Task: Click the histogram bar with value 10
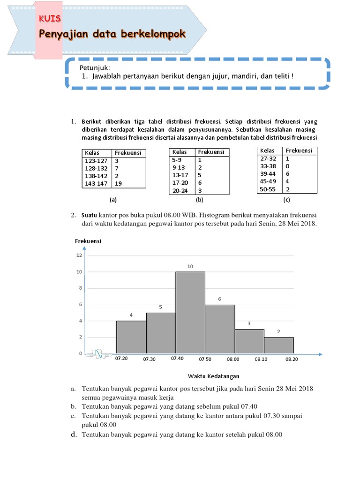pos(190,312)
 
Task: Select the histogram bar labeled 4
pos(131,337)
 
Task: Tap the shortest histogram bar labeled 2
pos(279,345)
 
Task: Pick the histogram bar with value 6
pos(220,329)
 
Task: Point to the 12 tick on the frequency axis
pos(79,255)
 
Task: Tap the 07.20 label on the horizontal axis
pos(121,358)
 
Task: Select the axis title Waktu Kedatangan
pos(214,376)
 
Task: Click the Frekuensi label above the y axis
pos(88,241)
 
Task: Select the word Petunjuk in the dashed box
pos(94,68)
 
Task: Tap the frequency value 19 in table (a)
pos(118,184)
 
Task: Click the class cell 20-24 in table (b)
pos(180,190)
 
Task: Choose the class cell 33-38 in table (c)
pos(268,166)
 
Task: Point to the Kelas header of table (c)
pos(267,150)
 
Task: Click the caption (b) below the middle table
pos(199,200)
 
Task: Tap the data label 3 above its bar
pos(249,323)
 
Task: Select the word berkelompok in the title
pos(155,34)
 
